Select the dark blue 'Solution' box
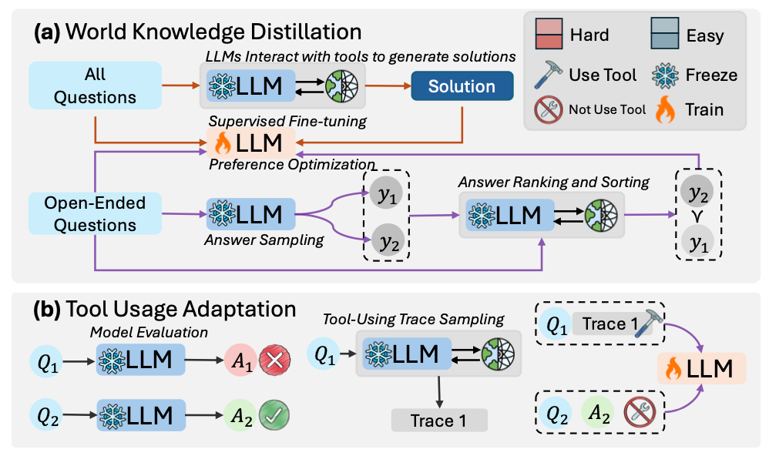(462, 86)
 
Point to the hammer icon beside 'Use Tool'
(549, 74)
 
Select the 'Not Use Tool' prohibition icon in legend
(548, 109)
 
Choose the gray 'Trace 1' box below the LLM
(439, 421)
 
